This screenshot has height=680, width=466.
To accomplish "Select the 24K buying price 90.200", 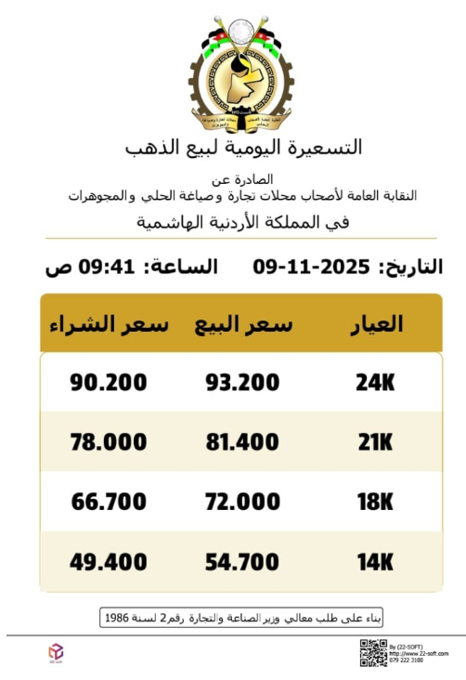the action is pos(109,382).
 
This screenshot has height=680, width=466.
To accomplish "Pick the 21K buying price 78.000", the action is pos(109,441).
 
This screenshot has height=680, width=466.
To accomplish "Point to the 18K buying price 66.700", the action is pos(109,502).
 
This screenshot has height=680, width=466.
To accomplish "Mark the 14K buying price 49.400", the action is pos(109,561).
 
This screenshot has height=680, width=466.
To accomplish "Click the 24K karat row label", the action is pos(375,382).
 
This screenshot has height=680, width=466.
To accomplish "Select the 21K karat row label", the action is pos(375,441).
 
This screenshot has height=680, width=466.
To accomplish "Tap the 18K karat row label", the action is pos(375,502).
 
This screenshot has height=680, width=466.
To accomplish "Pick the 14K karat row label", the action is pos(375,561).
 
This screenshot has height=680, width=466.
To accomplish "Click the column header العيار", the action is pos(376,324).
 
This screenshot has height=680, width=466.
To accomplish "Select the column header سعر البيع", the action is pos(243,324).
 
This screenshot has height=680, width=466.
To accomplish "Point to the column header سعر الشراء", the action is pos(109,324).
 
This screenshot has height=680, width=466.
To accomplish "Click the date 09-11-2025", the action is pos(311,268).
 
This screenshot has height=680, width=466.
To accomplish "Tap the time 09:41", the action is pos(101,268).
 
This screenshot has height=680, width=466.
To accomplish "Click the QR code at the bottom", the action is pos(373,652).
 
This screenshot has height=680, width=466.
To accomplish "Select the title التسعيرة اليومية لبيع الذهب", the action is pos(243,147).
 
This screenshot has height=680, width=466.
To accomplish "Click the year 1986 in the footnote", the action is pos(118,617).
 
